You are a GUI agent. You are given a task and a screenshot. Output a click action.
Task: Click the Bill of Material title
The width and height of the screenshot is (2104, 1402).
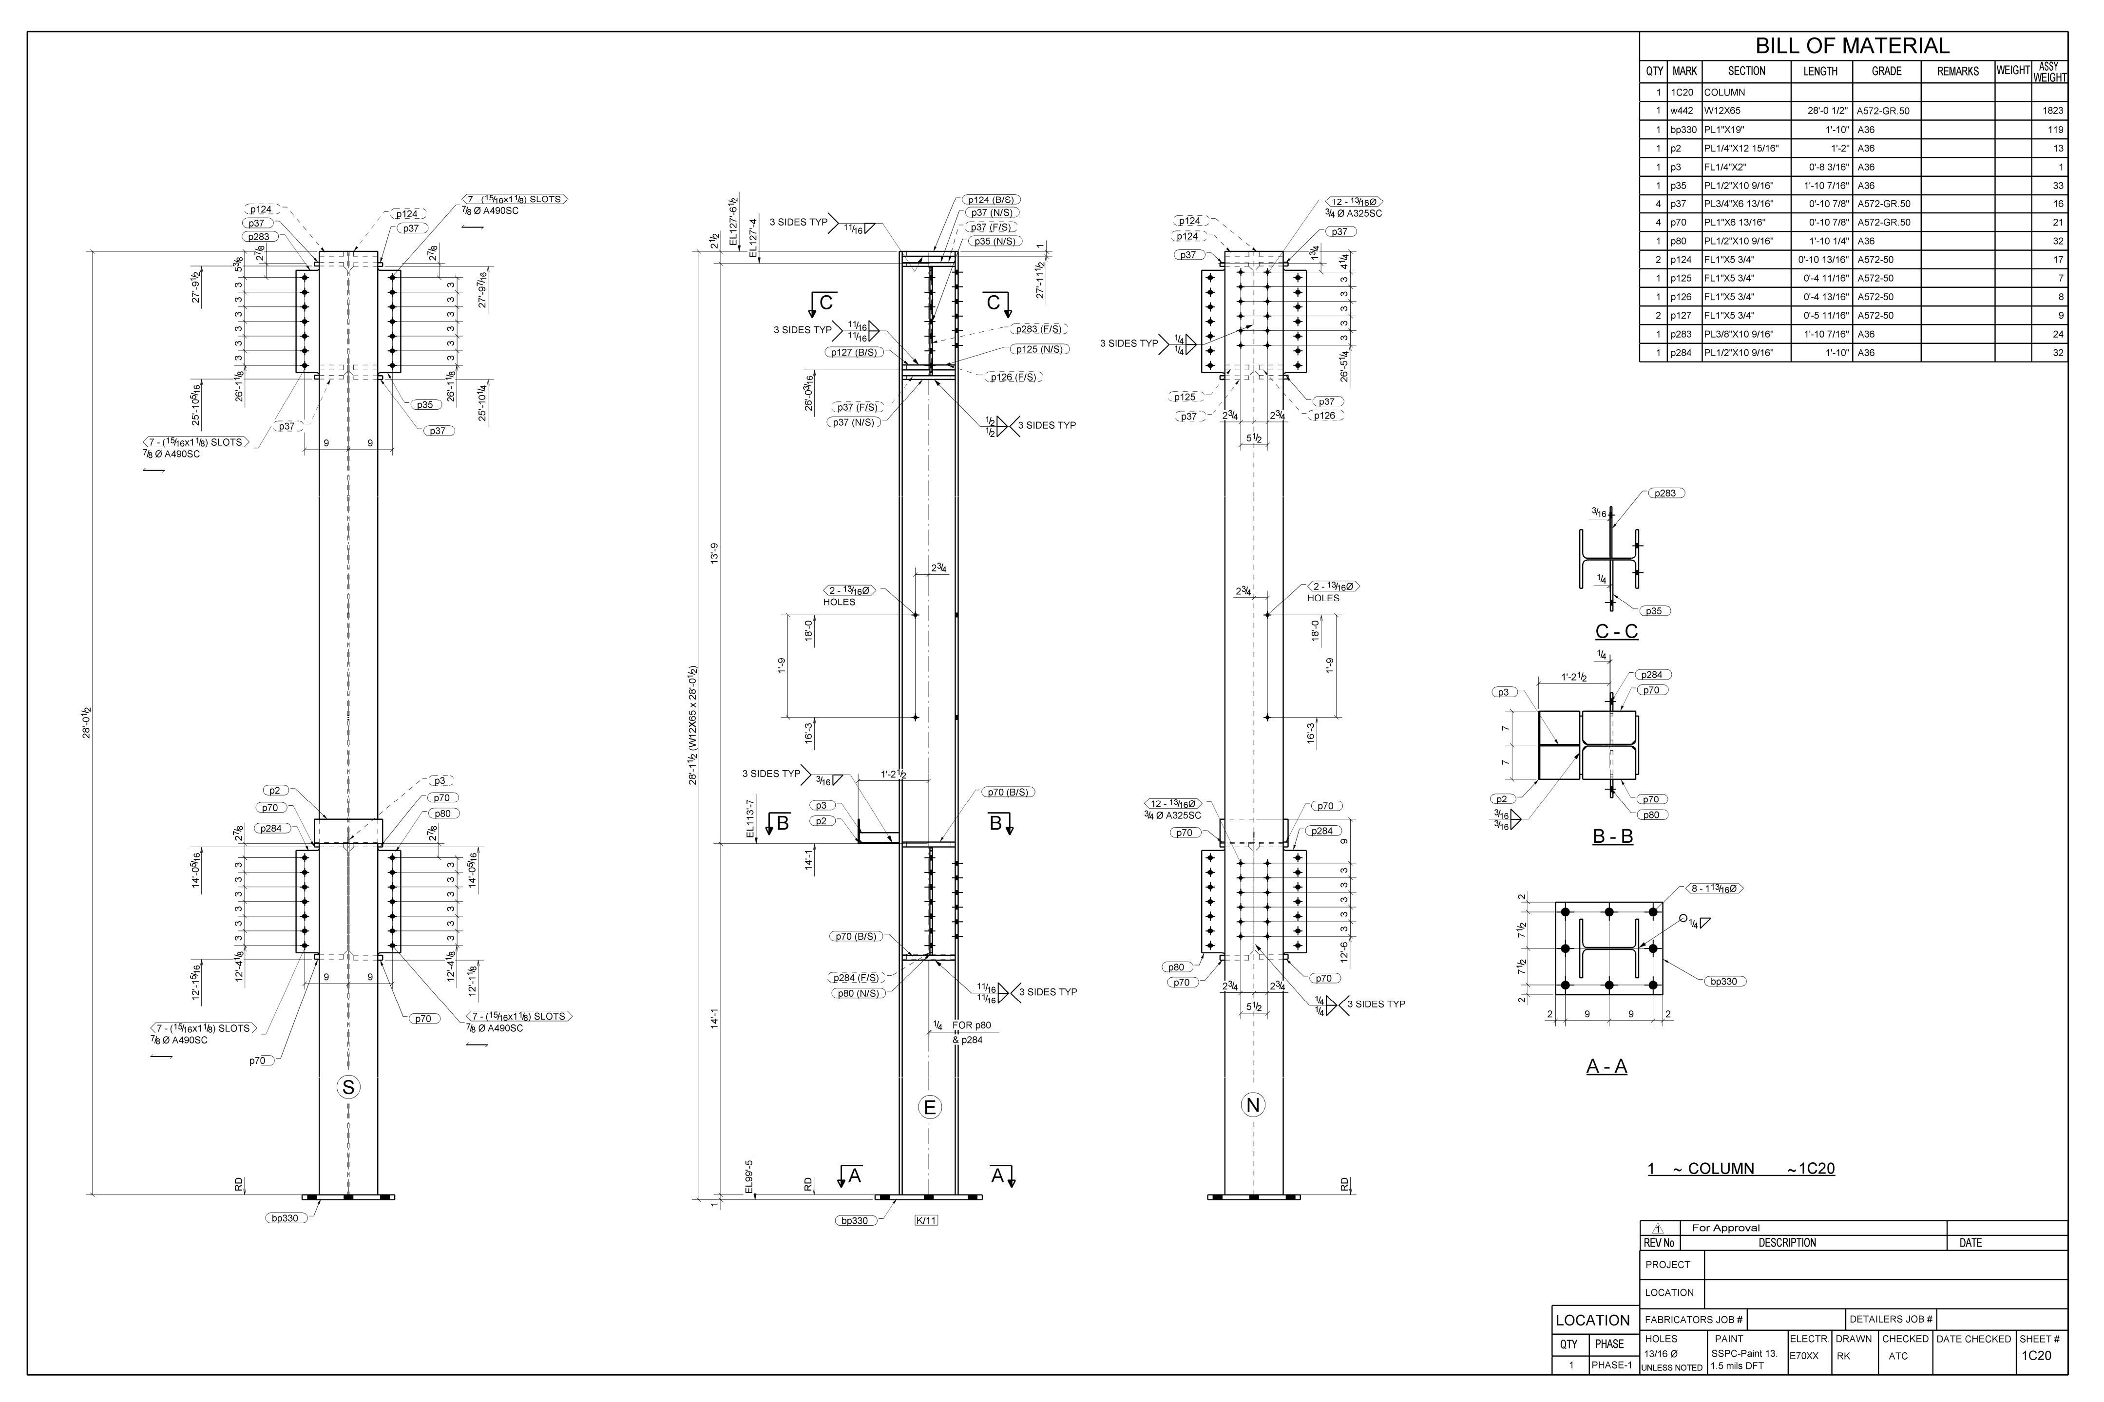pyautogui.click(x=1852, y=46)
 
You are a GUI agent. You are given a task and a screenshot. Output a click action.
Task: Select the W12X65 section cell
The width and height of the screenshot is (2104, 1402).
pyautogui.click(x=1721, y=111)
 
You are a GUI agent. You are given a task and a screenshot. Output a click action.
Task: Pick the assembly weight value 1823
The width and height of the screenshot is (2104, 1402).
pyautogui.click(x=2052, y=111)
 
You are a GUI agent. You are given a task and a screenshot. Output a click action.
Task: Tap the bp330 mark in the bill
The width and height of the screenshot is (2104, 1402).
pyautogui.click(x=1683, y=130)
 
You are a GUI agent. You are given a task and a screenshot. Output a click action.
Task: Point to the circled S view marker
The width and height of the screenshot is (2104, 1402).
pyautogui.click(x=348, y=1087)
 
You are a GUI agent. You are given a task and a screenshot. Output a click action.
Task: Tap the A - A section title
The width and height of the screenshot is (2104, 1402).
pyautogui.click(x=1606, y=1067)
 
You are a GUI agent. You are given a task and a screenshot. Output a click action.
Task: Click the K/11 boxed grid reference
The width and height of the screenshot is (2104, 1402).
pyautogui.click(x=926, y=1220)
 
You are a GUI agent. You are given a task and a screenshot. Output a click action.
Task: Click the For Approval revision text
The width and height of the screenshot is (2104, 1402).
pyautogui.click(x=1725, y=1228)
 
